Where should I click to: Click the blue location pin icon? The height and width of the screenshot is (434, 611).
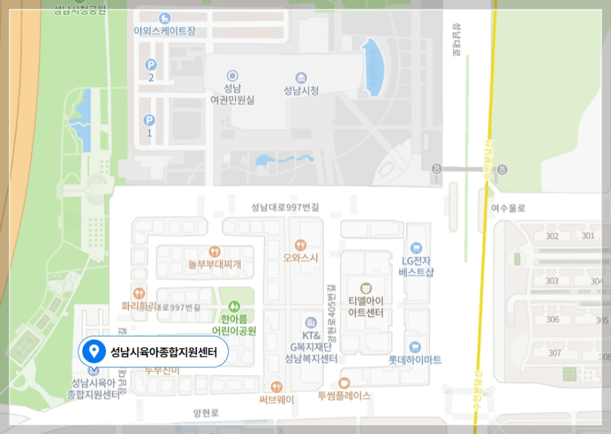tap(93, 352)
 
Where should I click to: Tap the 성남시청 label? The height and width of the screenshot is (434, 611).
tap(301, 90)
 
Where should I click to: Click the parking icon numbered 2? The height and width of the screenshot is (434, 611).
tap(151, 65)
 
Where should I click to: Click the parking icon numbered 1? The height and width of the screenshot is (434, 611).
tap(149, 120)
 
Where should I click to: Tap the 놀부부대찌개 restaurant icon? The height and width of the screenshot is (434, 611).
tap(215, 251)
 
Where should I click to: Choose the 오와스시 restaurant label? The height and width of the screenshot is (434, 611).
tap(300, 258)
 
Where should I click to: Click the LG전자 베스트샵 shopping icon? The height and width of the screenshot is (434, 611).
tap(416, 248)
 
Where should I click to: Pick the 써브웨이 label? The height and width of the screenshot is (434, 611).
tap(276, 400)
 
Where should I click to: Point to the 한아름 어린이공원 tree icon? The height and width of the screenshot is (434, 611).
tap(234, 306)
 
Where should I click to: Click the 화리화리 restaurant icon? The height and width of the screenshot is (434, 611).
tap(139, 293)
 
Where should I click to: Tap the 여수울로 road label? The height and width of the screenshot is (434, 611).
tap(511, 209)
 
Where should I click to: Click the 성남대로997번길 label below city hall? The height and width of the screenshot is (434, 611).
tap(284, 207)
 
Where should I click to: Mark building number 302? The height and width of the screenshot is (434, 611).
tap(552, 236)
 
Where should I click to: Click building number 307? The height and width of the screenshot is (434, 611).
tap(555, 352)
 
